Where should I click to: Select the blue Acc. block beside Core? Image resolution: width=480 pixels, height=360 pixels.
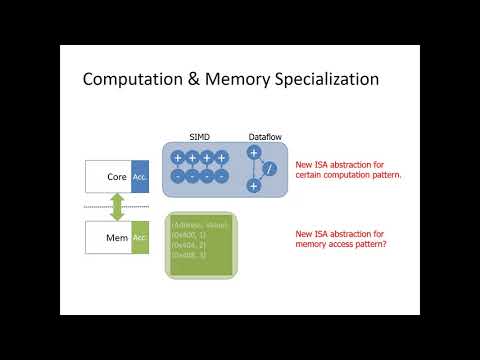(140, 176)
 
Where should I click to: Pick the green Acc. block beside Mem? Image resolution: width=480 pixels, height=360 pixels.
(140, 237)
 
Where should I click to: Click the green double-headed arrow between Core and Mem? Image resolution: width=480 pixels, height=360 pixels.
(116, 207)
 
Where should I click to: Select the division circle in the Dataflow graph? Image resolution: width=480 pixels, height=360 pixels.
(269, 170)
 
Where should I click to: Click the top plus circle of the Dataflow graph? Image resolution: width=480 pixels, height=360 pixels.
(254, 153)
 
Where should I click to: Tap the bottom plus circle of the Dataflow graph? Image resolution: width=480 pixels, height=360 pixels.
(254, 186)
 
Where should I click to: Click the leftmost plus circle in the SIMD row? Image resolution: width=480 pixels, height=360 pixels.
(177, 158)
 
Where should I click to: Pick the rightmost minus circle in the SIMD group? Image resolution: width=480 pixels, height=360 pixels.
(222, 176)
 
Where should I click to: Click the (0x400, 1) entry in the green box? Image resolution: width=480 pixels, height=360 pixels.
(188, 235)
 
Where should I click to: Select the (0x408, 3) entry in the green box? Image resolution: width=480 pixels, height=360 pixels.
(188, 255)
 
